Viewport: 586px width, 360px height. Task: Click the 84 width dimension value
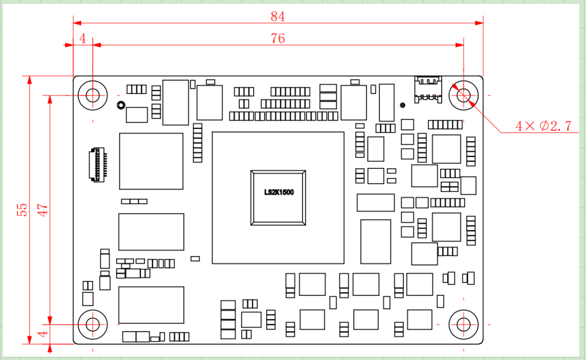tap(278, 17)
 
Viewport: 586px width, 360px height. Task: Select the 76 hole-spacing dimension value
tap(278, 38)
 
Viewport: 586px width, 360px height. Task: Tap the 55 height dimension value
tap(22, 209)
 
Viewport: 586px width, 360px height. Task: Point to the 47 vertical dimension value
tap(43, 209)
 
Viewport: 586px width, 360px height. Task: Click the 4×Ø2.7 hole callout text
tap(543, 126)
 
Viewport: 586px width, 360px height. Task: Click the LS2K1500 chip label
tap(279, 192)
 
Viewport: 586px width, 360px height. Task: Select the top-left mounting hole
tap(92, 95)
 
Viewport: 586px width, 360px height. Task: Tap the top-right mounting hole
tap(464, 95)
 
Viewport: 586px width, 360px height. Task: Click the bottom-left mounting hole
tap(92, 324)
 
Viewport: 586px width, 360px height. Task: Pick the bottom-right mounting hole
tap(464, 324)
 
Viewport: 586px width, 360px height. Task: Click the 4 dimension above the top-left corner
tap(82, 39)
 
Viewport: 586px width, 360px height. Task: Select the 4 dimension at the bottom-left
tap(43, 334)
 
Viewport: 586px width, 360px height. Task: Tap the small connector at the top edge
tap(428, 89)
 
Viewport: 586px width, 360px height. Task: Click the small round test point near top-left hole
tap(121, 105)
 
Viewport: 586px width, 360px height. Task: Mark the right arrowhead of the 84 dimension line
tap(479, 23)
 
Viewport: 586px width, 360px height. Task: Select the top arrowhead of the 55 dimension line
tap(29, 80)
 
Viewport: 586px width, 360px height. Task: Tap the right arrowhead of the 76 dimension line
tap(460, 45)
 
